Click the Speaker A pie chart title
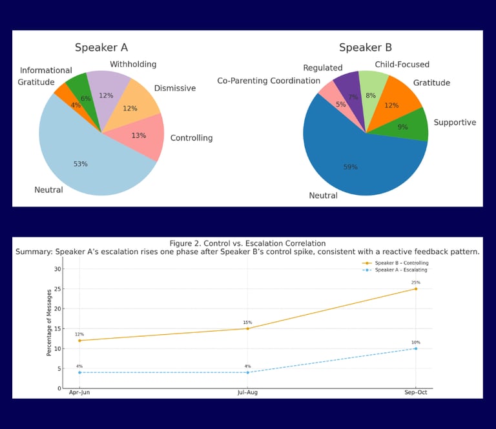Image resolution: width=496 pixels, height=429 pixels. point(101,47)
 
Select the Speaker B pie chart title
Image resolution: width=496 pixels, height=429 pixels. point(366,47)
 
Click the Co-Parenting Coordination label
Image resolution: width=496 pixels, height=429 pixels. point(269,81)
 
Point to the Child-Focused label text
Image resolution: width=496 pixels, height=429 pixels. point(402,65)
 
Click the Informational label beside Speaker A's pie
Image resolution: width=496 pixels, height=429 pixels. point(46,70)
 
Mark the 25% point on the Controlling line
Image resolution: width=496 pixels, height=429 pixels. point(415,288)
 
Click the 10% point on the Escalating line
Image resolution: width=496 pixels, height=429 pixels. point(415,348)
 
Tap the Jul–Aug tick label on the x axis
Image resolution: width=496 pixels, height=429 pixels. point(247,392)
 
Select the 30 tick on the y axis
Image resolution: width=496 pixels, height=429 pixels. point(57,269)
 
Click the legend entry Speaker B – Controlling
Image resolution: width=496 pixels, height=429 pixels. point(401,263)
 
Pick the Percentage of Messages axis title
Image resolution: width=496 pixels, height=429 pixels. point(49,323)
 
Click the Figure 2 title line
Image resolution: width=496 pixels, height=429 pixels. point(247,243)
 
